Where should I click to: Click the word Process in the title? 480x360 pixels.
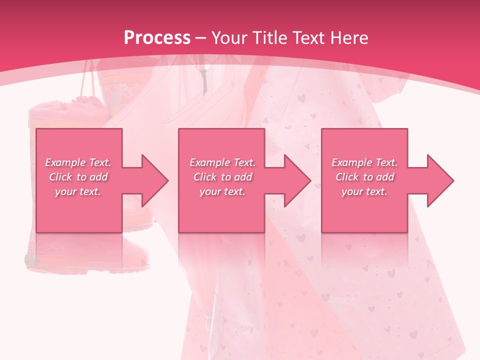[x=157, y=38]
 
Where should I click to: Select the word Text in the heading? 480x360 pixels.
[x=308, y=38]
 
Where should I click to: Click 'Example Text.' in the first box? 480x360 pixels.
[x=78, y=162]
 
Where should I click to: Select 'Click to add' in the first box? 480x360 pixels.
[x=78, y=177]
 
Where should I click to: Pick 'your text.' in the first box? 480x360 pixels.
[x=78, y=191]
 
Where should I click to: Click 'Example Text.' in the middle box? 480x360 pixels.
[x=222, y=162]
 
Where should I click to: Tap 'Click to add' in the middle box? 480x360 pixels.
[x=222, y=177]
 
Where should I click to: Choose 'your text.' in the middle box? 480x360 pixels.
[x=222, y=191]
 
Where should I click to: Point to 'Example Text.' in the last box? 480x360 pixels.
[x=364, y=162]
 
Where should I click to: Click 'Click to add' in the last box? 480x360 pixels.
[x=364, y=177]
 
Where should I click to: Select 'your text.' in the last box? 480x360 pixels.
[x=364, y=191]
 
